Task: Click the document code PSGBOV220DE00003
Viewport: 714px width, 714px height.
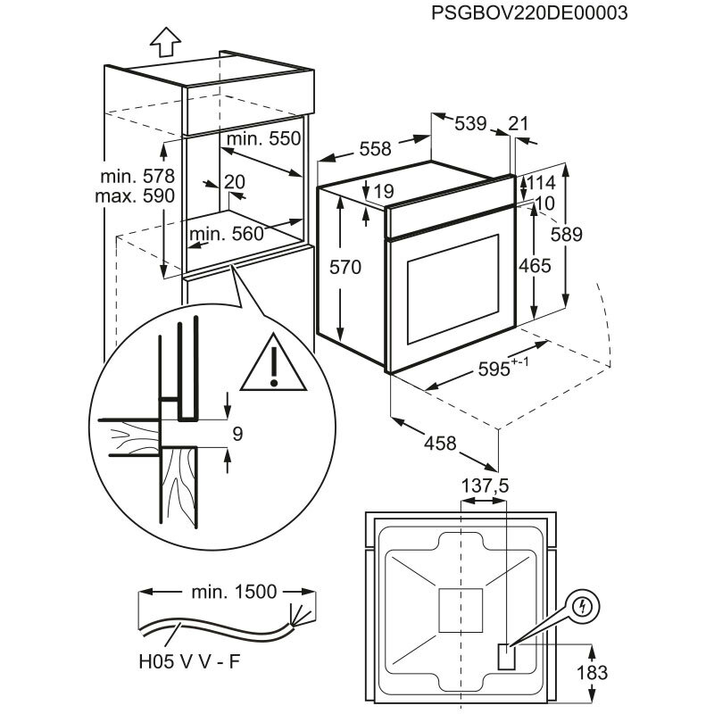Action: point(528,13)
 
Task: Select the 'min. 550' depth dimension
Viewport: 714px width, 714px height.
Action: point(264,139)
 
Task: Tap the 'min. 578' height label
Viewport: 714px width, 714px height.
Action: point(137,175)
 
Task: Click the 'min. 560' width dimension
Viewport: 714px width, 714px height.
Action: point(228,234)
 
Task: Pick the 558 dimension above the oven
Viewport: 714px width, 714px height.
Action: point(375,150)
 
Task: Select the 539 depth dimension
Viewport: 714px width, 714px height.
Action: point(470,124)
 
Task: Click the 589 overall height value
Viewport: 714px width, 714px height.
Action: point(591,234)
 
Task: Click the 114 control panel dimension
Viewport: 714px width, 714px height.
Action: point(541,183)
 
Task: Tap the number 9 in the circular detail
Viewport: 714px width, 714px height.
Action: point(237,435)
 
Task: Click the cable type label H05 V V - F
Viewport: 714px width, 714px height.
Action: point(189,660)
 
